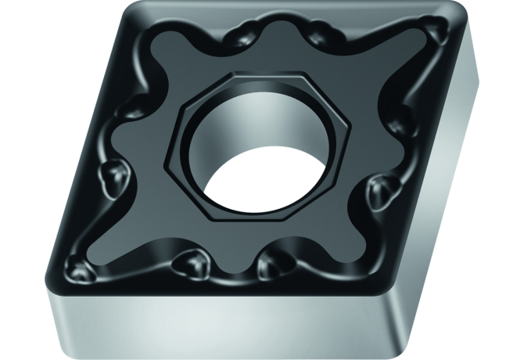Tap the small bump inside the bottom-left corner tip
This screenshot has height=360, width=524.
pyautogui.click(x=83, y=269)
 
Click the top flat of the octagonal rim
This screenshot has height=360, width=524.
pyautogui.click(x=249, y=76)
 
